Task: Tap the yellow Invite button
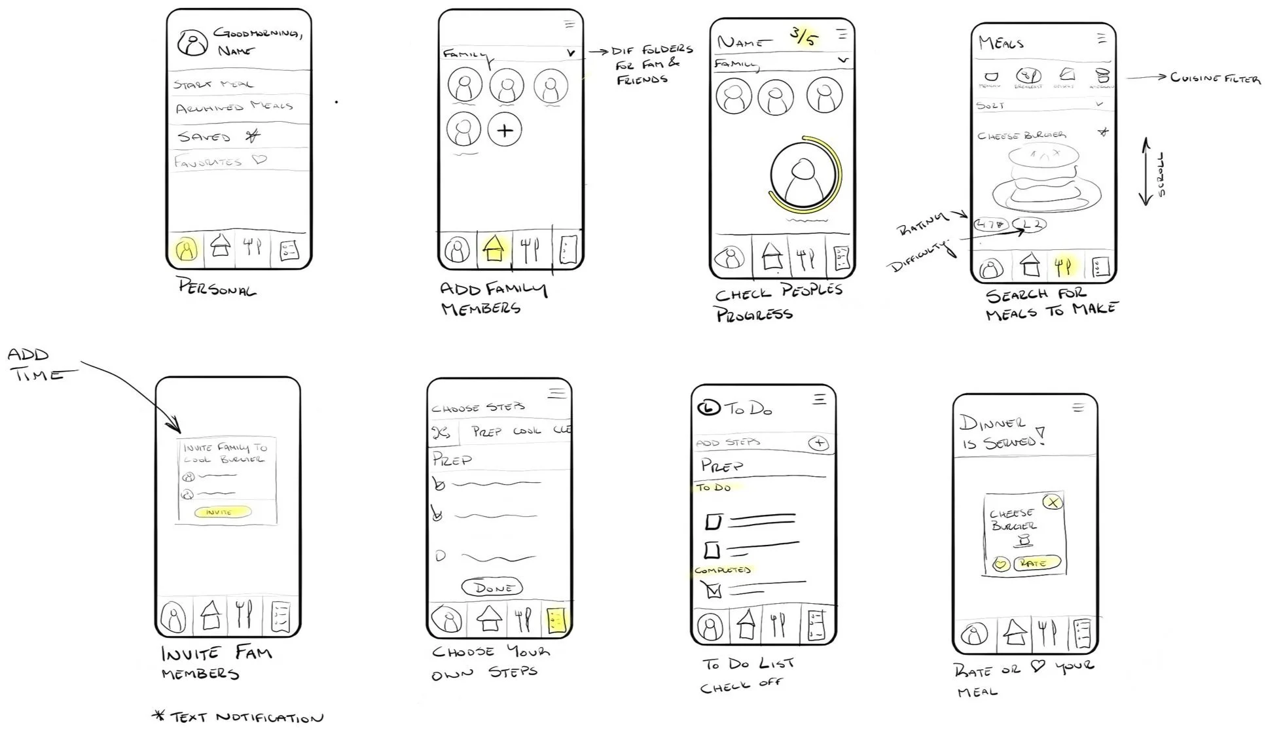pos(223,512)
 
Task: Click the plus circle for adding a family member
pos(505,130)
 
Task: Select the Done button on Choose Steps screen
pos(492,587)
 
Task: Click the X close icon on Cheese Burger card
pos(1053,502)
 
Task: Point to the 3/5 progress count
pos(803,36)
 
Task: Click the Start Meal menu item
pos(213,84)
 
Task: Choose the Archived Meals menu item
pos(234,107)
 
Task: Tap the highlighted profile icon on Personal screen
pos(187,249)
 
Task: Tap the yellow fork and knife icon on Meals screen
pos(1063,266)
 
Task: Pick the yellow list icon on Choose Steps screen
pos(556,620)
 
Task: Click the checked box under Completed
pos(713,591)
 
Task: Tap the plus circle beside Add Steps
pos(818,444)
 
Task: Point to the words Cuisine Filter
pos(1215,79)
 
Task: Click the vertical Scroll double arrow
pos(1146,171)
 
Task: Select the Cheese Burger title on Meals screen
pos(1021,135)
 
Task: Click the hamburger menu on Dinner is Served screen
pos(1078,408)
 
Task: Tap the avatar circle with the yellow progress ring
pos(801,175)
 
